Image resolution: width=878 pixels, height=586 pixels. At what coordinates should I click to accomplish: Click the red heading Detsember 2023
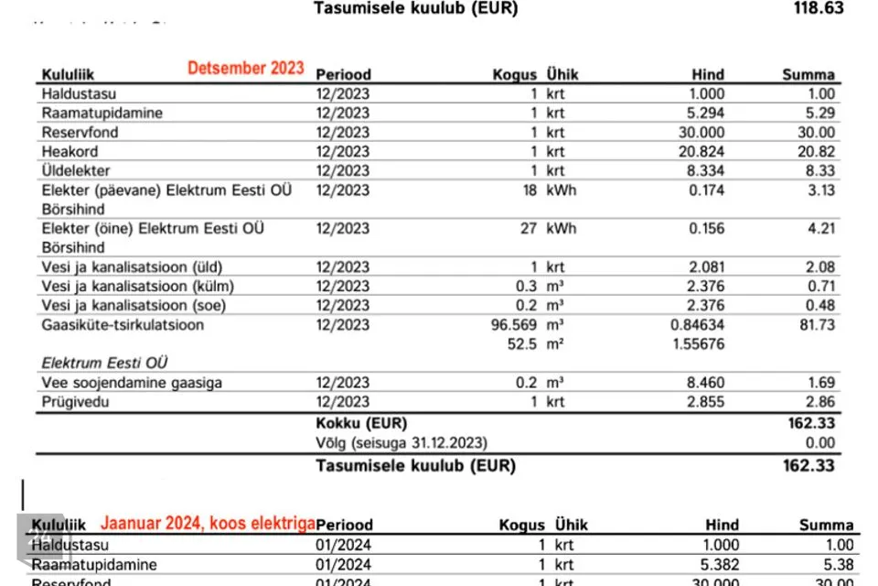pyautogui.click(x=246, y=69)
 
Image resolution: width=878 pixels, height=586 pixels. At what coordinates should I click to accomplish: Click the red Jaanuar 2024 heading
pyautogui.click(x=208, y=523)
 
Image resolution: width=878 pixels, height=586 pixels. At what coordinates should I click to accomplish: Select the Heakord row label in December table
pyautogui.click(x=70, y=151)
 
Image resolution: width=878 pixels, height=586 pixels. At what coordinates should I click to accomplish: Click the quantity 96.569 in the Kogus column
pyautogui.click(x=514, y=325)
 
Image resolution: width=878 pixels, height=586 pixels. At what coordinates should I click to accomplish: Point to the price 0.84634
pyautogui.click(x=697, y=325)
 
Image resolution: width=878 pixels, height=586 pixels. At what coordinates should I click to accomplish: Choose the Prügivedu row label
pyautogui.click(x=73, y=402)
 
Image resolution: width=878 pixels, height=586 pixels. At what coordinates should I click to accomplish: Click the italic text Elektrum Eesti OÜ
pyautogui.click(x=105, y=364)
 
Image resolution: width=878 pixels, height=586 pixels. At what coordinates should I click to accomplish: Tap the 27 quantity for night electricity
pyautogui.click(x=528, y=228)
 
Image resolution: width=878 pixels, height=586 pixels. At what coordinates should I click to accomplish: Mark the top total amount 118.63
pyautogui.click(x=818, y=8)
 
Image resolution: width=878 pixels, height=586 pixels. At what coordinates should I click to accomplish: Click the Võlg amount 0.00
pyautogui.click(x=820, y=442)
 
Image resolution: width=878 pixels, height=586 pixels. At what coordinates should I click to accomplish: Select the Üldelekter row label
pyautogui.click(x=76, y=170)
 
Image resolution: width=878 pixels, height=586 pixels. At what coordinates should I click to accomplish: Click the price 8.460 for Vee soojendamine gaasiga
pyautogui.click(x=704, y=383)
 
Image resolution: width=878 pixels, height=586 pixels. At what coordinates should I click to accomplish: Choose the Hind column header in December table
pyautogui.click(x=707, y=75)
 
